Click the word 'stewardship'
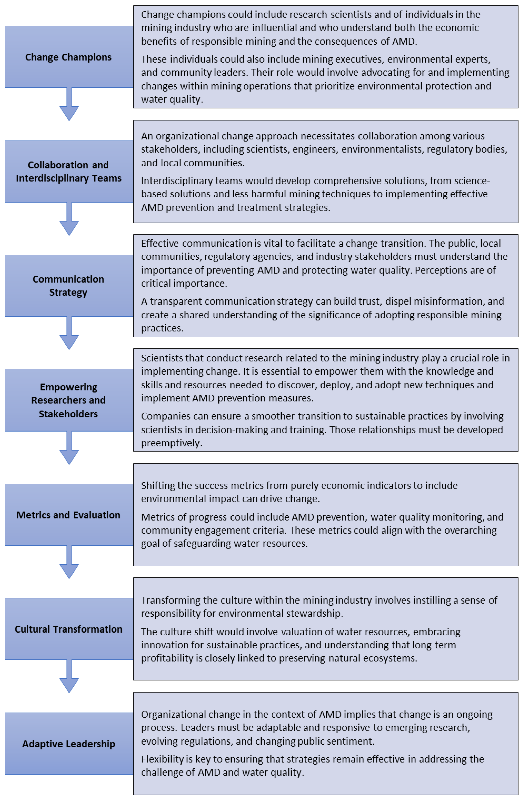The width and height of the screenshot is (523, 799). (x=314, y=613)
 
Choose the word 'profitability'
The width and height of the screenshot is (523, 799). (x=167, y=658)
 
